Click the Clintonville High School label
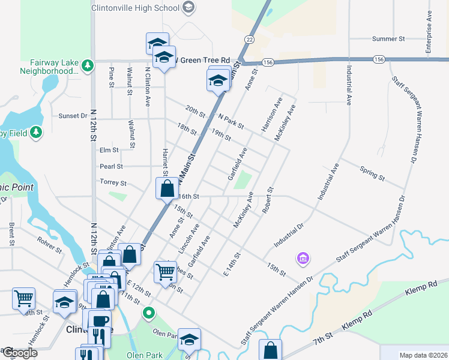(136, 8)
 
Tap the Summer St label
(388, 39)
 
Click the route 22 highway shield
(249, 39)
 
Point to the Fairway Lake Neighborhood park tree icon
(88, 64)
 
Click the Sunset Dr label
(73, 116)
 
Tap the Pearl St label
(111, 166)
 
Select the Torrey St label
(113, 182)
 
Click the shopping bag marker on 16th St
(167, 188)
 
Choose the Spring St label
(372, 173)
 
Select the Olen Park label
(145, 355)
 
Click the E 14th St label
(232, 265)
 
